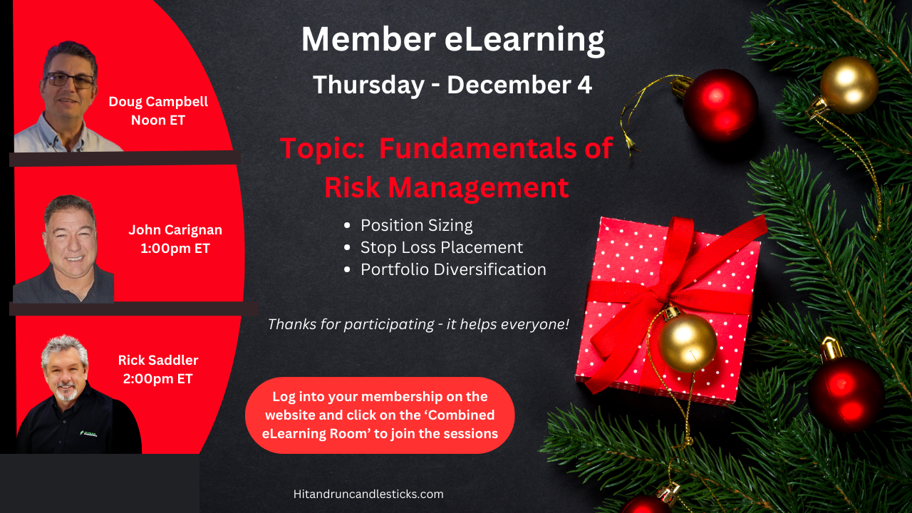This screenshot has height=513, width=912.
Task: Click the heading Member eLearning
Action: [452, 40]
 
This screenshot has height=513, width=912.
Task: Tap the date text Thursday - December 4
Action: [452, 85]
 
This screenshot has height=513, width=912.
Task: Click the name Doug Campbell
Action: [158, 102]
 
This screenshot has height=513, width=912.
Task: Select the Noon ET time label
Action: [158, 120]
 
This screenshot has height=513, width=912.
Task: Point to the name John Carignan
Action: [175, 230]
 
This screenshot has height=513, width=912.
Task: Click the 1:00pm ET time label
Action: [175, 249]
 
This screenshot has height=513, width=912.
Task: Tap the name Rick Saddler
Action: [158, 360]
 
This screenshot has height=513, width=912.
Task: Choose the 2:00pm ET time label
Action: [157, 378]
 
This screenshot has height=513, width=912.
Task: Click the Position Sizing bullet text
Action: [417, 226]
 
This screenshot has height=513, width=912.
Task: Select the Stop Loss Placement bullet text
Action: [442, 247]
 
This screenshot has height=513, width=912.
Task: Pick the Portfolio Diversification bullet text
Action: [453, 269]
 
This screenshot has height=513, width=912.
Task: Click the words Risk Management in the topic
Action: [447, 187]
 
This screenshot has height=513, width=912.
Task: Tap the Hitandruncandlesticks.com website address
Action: [368, 494]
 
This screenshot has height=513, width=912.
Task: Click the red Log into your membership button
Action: [380, 415]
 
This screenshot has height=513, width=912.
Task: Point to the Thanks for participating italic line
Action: [418, 324]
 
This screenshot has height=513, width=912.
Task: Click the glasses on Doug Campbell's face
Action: [70, 80]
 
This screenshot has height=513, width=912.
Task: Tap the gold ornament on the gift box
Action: [687, 341]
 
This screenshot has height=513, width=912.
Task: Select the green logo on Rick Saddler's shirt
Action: [88, 433]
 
